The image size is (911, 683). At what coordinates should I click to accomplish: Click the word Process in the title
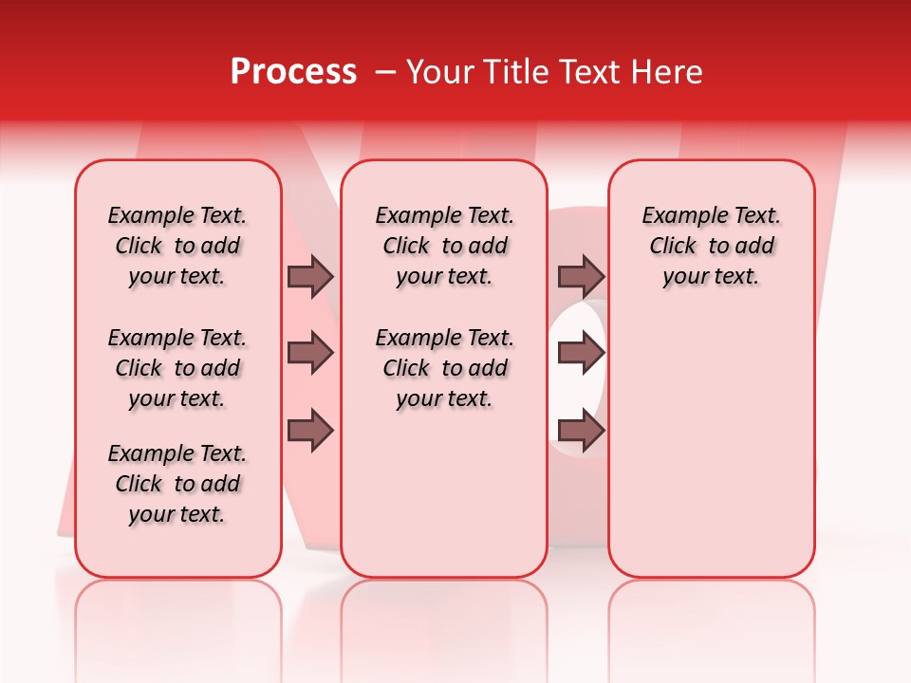293,72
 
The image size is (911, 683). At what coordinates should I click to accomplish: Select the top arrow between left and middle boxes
310,277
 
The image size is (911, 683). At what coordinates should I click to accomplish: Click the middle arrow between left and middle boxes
310,354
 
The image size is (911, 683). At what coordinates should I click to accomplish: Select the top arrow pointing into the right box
581,277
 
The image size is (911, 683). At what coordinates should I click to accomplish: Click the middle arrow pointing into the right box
581,354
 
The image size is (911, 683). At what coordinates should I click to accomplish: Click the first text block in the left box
177,246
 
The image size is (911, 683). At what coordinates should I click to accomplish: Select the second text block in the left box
177,368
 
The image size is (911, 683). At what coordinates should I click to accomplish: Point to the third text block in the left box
177,484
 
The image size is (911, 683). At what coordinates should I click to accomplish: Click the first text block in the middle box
444,246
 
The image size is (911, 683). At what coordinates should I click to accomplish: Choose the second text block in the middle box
444,368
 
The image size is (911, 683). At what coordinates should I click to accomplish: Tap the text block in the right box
712,246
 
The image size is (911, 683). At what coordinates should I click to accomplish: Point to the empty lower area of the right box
712,446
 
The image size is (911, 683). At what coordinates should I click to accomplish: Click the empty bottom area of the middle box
444,503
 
